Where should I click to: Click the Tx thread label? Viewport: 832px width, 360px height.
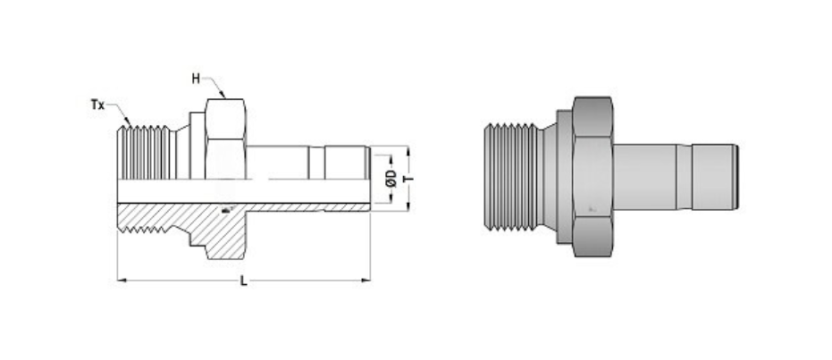[x=97, y=105]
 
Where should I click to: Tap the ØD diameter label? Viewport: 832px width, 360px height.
[x=391, y=178]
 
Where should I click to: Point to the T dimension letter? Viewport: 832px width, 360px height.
[x=408, y=178]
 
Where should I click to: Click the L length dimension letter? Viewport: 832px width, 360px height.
[x=243, y=281]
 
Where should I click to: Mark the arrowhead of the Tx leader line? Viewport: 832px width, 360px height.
[x=130, y=123]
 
